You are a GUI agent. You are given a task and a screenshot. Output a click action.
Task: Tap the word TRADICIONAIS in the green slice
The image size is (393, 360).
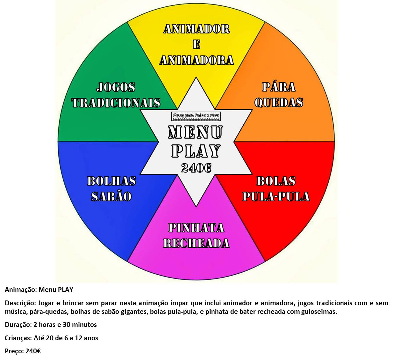[x=116, y=102]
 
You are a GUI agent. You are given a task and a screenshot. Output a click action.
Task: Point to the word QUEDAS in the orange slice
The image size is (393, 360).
[x=279, y=102]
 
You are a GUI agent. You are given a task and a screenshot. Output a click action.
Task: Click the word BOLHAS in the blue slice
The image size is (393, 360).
[x=111, y=181]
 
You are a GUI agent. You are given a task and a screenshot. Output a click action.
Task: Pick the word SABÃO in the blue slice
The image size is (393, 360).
[x=111, y=196]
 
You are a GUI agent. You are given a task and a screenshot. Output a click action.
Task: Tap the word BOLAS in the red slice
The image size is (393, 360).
[x=276, y=181]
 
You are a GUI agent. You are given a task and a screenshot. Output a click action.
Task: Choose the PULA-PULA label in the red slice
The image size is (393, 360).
[x=276, y=196]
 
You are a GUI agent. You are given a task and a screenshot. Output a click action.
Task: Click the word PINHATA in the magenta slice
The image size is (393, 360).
[x=196, y=228]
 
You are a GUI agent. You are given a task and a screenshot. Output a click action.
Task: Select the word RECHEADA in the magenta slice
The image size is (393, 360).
[x=196, y=244]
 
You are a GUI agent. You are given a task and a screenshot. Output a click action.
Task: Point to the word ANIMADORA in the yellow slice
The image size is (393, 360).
[x=196, y=60]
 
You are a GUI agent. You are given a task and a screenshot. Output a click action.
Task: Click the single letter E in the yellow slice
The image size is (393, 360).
[x=196, y=45]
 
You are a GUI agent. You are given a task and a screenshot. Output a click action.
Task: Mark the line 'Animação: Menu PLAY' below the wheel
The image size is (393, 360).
[x=39, y=290]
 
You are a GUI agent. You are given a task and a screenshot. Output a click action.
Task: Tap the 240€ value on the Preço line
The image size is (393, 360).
[x=33, y=351]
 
